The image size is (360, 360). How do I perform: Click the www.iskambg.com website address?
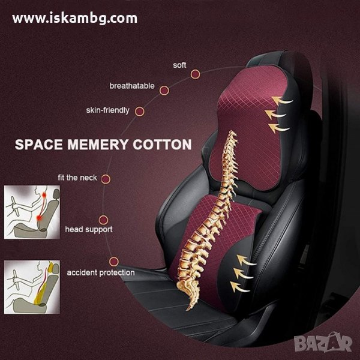(75, 19)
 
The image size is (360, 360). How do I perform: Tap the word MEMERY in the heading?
(98, 145)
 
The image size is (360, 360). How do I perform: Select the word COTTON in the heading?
(162, 145)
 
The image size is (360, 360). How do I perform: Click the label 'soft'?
(179, 65)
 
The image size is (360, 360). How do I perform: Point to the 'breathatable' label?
(132, 86)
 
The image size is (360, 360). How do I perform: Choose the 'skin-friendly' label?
(107, 110)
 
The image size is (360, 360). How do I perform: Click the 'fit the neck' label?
(77, 178)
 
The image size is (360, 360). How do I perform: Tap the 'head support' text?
(89, 229)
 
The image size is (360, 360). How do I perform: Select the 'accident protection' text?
(101, 272)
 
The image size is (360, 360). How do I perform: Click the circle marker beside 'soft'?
(195, 74)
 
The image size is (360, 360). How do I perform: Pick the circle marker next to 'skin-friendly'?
(140, 112)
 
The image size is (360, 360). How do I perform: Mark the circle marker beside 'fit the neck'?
(106, 179)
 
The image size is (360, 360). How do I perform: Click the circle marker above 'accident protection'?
(114, 262)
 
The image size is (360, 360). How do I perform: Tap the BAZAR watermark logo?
(323, 343)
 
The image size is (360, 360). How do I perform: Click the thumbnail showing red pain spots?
(32, 212)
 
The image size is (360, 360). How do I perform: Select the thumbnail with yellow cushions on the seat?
(32, 287)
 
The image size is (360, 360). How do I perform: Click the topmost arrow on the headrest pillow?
(282, 100)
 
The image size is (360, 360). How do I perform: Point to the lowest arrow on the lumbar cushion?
(240, 287)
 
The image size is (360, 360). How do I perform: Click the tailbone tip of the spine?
(188, 310)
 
